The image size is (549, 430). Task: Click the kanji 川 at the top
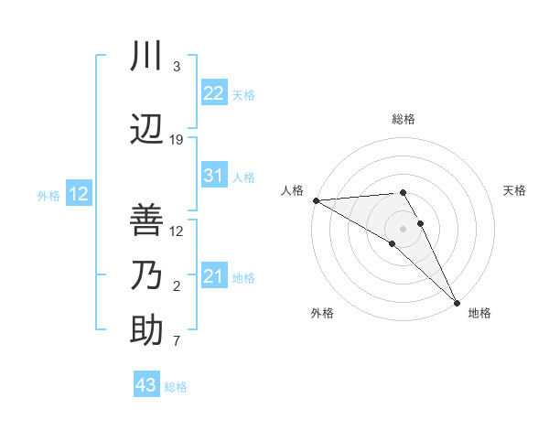point(147,58)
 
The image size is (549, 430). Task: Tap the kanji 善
point(147,220)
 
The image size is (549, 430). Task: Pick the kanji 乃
point(147,275)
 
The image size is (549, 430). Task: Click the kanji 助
point(147,330)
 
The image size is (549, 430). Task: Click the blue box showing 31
point(213,176)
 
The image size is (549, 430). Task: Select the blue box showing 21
point(213,276)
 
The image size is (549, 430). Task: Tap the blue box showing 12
point(78,194)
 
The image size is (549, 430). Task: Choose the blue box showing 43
point(146,385)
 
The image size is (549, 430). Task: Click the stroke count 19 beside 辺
point(177,139)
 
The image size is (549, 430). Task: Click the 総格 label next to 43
point(176,387)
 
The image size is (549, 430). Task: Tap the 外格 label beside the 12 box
point(48,195)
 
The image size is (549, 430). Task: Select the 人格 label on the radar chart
point(292,190)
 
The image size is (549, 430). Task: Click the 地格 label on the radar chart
point(479,313)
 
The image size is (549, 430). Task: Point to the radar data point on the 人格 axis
point(316,200)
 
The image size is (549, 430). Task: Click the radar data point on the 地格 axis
point(456,302)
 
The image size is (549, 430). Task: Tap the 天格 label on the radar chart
point(515,190)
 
